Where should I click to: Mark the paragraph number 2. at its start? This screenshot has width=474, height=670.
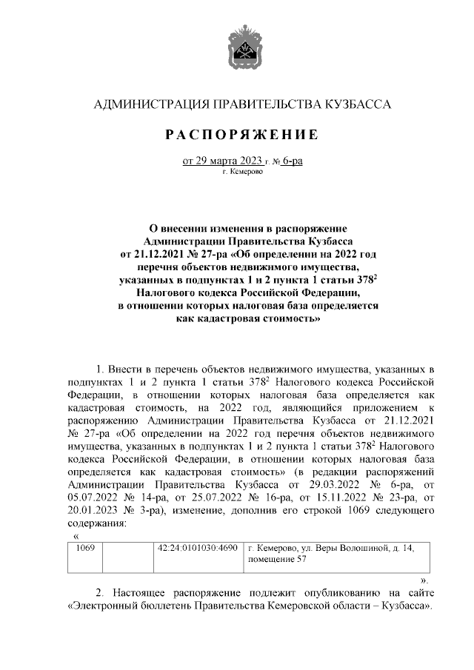point(101,592)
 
